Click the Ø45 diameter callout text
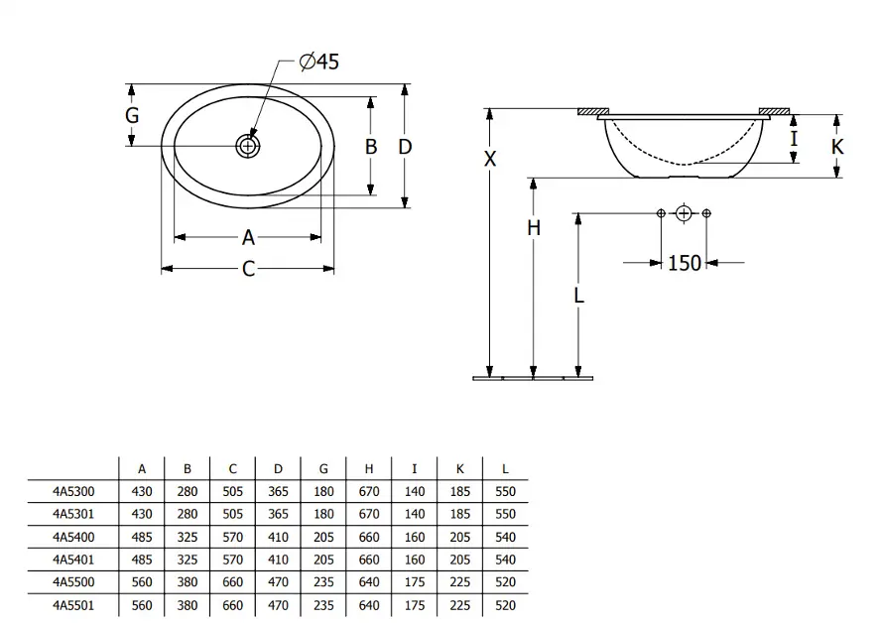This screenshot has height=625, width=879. pos(319,62)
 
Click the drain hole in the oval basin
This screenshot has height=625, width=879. pos(247,147)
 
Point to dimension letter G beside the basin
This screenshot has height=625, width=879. pos(132,115)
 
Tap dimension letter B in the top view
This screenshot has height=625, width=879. pos(371,147)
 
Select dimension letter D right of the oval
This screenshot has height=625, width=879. pos(405,147)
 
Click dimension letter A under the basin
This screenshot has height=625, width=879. pos(248,237)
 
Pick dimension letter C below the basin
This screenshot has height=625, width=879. pos(248,269)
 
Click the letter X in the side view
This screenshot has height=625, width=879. pos(489,159)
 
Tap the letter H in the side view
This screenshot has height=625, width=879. pos(534,228)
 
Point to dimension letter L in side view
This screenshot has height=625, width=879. pos(578,295)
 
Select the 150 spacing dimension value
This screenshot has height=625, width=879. pos(684,263)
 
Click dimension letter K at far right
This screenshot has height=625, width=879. pos(837,147)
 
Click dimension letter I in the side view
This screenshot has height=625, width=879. pos(794,139)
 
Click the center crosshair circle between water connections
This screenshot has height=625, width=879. pos(684,213)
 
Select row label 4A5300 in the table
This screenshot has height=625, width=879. pos(74,490)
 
